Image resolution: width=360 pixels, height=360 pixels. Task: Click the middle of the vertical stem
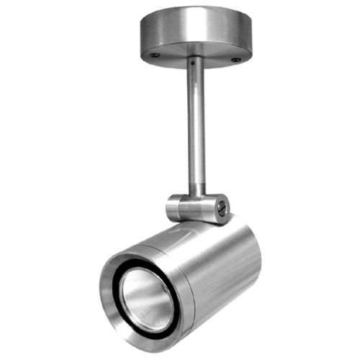tap(195, 130)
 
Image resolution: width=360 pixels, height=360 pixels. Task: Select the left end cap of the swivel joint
tap(174, 207)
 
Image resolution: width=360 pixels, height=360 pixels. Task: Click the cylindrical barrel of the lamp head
tap(223, 266)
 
